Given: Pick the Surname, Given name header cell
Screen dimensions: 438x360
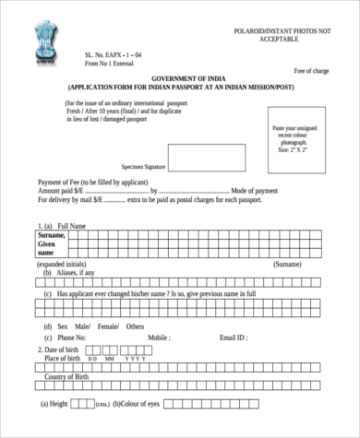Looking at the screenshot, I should [54, 244].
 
